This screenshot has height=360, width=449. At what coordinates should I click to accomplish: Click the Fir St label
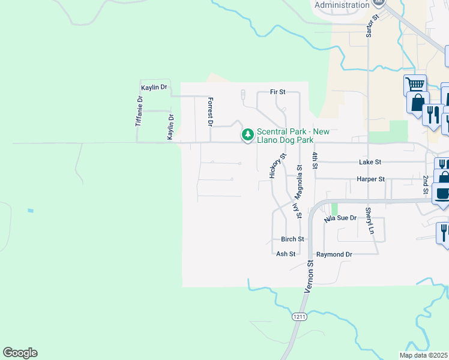pyautogui.click(x=277, y=92)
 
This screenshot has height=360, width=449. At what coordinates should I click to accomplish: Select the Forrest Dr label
pyautogui.click(x=210, y=112)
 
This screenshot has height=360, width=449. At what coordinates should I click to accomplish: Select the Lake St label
pyautogui.click(x=370, y=162)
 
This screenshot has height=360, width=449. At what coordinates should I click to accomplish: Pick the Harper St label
pyautogui.click(x=370, y=179)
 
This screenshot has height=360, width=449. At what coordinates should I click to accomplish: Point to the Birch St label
pyautogui.click(x=292, y=239)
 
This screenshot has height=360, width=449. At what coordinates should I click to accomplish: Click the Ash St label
pyautogui.click(x=286, y=254)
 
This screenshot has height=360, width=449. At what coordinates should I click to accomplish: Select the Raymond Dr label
pyautogui.click(x=334, y=254)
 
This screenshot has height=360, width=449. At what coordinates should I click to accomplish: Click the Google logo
pyautogui.click(x=20, y=353)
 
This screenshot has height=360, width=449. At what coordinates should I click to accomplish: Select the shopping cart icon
pyautogui.click(x=415, y=85)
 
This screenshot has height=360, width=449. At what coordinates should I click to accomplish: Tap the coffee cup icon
pyautogui.click(x=442, y=194)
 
